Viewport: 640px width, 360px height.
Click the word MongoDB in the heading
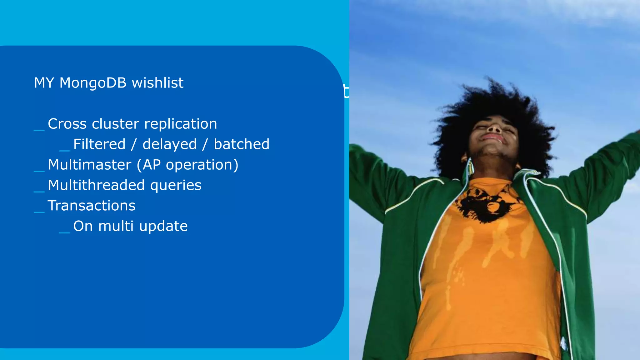point(93,83)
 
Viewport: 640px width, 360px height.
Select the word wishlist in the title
point(157,83)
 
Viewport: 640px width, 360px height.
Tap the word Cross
point(67,124)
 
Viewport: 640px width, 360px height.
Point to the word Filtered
point(99,144)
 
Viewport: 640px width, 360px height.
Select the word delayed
point(170,144)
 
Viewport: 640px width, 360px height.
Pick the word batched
point(242,144)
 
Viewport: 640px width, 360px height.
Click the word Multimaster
point(90,165)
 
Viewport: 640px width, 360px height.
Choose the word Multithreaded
point(96,185)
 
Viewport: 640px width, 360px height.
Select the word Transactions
point(92,206)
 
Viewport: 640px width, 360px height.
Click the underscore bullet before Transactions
point(39,212)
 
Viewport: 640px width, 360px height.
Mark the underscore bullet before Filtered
point(64,151)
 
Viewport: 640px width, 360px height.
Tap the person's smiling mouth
point(493,137)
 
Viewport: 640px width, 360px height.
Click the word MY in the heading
point(44,83)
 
